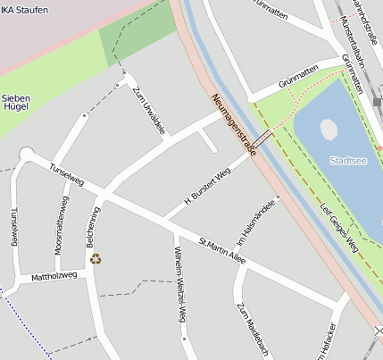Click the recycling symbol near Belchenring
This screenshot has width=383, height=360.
point(96,259)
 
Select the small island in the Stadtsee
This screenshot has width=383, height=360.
point(329,130)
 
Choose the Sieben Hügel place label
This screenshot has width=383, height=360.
point(16,102)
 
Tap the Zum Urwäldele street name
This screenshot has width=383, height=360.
point(148,111)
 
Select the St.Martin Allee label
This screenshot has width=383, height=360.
point(221,251)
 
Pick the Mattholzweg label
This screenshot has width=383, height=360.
point(54,276)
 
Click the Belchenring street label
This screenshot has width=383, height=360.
point(91,228)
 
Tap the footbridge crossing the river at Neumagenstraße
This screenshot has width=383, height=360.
point(262,140)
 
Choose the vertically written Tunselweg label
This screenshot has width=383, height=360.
point(12,227)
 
